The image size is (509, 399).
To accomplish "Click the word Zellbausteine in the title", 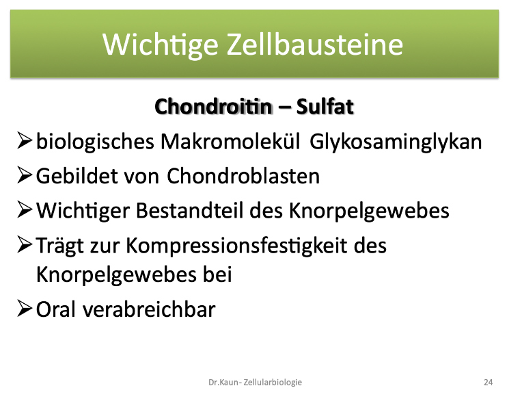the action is tap(314, 44).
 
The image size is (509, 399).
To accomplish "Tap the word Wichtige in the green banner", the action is tap(161, 46).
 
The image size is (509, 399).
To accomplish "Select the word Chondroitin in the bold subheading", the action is tap(213, 106).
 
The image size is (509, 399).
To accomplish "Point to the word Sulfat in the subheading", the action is tap(325, 106).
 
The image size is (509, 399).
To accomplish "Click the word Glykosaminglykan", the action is tap(396, 142).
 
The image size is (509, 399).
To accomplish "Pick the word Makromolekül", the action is tap(230, 142).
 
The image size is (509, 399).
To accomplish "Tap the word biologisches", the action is tap(95, 142).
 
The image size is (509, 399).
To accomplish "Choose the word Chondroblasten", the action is tap(243, 177).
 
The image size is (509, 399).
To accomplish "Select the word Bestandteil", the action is tap(189, 210).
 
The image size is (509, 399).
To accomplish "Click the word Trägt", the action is tap(60, 246).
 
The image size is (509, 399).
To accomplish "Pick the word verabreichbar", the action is tap(149, 309).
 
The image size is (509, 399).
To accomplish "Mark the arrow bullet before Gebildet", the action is tap(25, 175).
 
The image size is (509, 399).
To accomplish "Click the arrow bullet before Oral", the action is tap(25, 308).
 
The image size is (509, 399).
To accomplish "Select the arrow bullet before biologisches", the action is tap(25, 141).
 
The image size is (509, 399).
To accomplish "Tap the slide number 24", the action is tap(489, 382).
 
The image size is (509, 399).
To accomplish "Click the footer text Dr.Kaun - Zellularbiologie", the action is tap(255, 383).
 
